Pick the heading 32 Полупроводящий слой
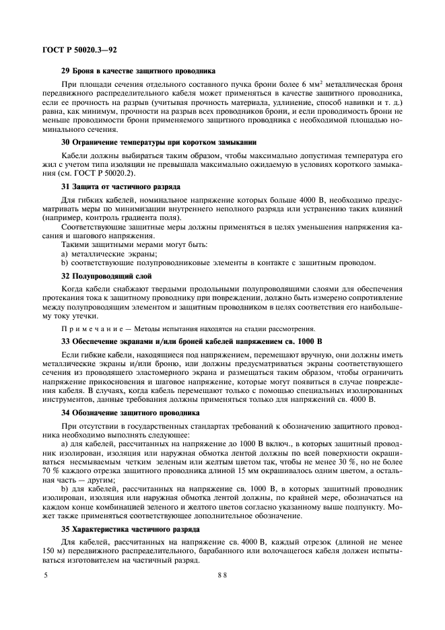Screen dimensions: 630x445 [106, 276]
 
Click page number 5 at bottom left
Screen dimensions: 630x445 [46, 577]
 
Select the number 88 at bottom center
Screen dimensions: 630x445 [221, 577]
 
